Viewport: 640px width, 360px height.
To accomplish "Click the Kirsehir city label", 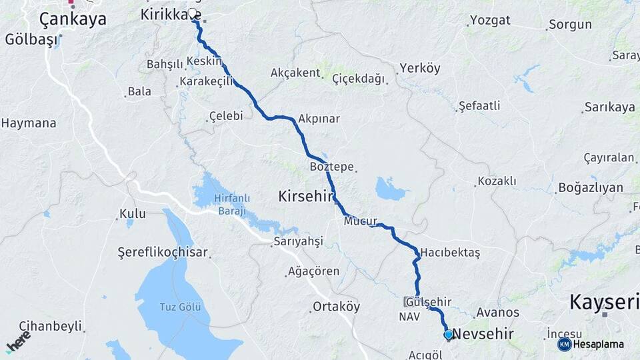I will click(305, 196).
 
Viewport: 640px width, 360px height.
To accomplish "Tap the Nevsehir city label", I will click(482, 333).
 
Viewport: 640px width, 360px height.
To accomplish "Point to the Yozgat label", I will click(490, 21).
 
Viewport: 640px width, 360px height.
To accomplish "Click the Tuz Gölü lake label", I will click(179, 307).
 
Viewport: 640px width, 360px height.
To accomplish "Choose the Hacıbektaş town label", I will click(450, 253).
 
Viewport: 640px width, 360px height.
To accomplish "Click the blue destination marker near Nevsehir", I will click(449, 335).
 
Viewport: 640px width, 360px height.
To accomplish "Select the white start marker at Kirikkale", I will click(193, 13).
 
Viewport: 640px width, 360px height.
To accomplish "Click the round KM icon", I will click(564, 344).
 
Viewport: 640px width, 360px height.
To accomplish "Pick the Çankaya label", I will click(73, 19).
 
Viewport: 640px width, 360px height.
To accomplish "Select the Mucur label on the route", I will click(361, 221).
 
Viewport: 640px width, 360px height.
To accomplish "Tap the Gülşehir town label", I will click(433, 302).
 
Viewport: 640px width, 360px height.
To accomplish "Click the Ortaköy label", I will click(336, 307).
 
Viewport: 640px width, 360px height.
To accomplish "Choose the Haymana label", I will click(28, 123).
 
